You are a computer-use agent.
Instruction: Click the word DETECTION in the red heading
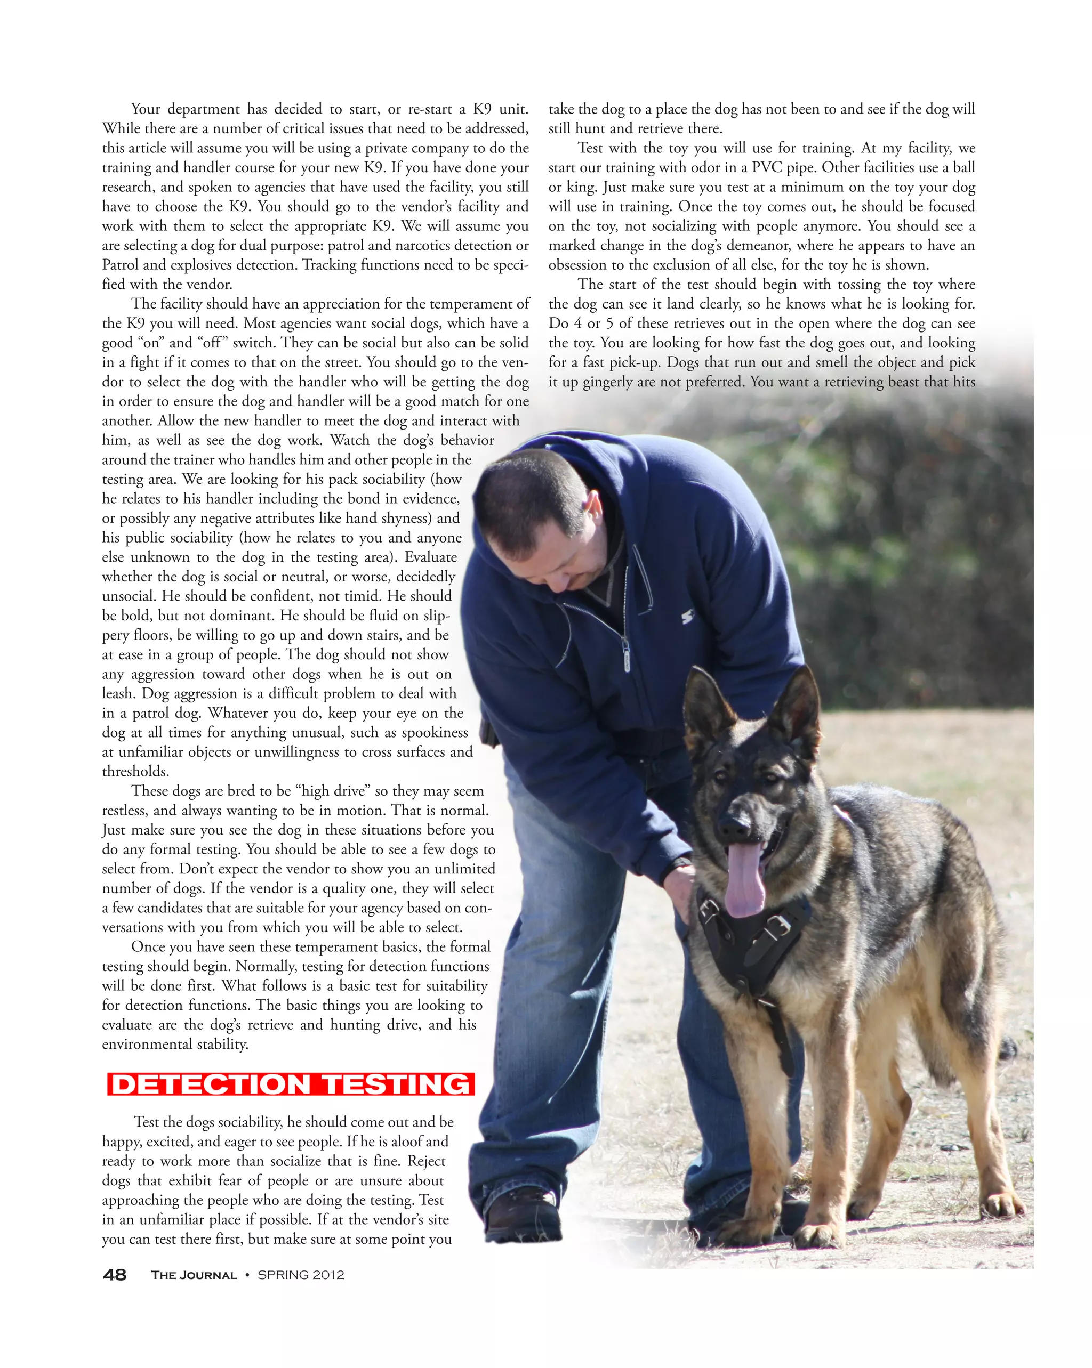[210, 1084]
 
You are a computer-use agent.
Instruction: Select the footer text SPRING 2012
[300, 1275]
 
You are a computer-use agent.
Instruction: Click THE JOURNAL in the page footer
[194, 1275]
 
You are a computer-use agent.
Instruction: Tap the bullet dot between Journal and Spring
[247, 1275]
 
